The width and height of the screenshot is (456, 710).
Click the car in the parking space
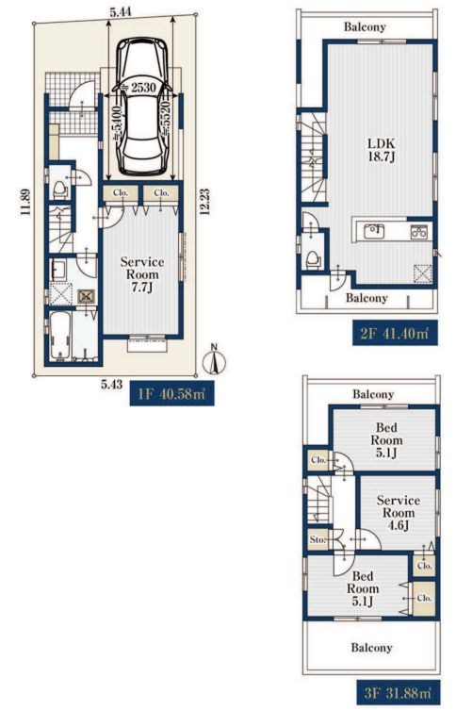pos(141,107)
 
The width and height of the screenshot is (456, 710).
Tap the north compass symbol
pos(216,359)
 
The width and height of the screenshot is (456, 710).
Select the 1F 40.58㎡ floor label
pos(171,394)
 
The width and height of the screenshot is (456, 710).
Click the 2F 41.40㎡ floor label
pos(395,334)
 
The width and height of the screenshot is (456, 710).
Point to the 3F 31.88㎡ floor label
pos(399,693)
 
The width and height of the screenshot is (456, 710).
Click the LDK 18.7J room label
pos(381,150)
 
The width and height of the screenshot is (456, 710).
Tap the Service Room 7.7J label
pos(142,274)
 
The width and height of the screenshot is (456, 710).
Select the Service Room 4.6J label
pos(399,513)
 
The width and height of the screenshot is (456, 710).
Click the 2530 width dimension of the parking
pos(143,88)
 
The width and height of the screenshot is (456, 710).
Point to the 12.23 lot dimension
pos(205,203)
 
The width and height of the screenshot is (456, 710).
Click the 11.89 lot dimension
pos(25,202)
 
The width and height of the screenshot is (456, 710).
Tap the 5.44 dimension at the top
pos(121,11)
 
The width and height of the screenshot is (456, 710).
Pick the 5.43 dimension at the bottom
pos(111,385)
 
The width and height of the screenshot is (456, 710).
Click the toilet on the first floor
pos(60,190)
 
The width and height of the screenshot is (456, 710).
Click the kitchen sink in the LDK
pos(374,231)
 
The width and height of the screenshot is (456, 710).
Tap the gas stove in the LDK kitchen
pos(419,231)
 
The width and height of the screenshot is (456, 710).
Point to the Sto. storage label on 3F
pos(318,539)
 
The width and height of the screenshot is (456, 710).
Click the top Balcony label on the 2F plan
pos(365,26)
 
